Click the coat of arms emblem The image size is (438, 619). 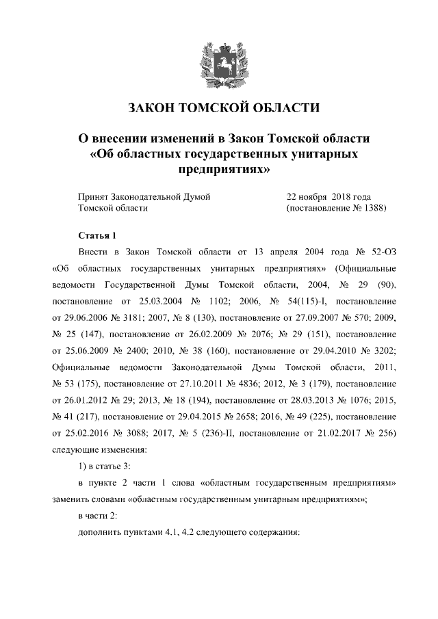[219, 60]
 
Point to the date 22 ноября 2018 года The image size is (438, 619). [328, 196]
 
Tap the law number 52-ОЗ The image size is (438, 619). [378, 252]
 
